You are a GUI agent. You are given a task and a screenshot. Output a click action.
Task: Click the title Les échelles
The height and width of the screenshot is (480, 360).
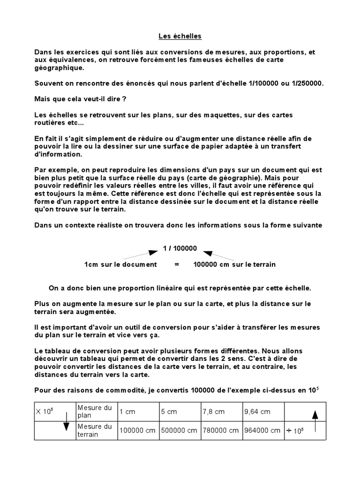[180, 36]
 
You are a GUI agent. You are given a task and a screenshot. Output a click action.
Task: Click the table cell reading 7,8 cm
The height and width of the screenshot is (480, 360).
[214, 412]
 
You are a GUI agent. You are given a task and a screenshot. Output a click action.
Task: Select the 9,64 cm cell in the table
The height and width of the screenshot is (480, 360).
[257, 412]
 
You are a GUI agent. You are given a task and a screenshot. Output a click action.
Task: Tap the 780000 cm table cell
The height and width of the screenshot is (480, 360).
[221, 430]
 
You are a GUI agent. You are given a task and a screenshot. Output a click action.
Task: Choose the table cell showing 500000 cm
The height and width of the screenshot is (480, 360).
[180, 430]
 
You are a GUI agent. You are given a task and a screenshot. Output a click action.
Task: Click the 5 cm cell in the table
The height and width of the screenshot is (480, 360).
[169, 412]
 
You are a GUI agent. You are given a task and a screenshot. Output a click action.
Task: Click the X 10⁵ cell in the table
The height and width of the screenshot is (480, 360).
[45, 412]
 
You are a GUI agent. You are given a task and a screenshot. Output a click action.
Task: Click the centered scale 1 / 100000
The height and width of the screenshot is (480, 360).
[180, 248]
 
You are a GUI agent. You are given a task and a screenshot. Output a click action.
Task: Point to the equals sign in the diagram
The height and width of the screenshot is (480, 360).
[177, 264]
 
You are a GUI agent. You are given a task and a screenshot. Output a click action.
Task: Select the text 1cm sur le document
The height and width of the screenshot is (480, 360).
[120, 264]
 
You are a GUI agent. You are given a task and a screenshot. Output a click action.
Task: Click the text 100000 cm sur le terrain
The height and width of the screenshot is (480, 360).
[234, 264]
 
